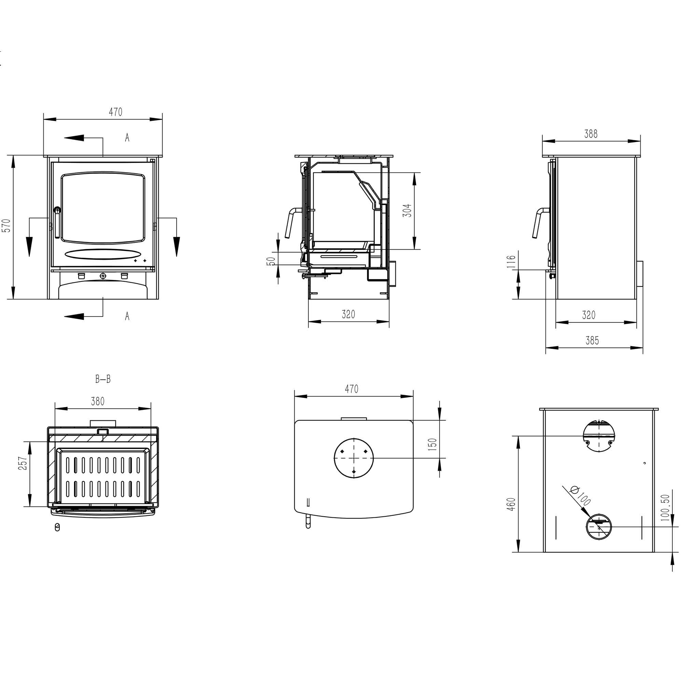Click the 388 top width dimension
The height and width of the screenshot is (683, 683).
591,134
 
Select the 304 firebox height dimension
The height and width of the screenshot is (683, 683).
408,210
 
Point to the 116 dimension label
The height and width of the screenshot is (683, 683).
512,262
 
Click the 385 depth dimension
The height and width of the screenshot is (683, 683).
592,341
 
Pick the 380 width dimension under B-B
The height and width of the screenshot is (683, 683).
98,402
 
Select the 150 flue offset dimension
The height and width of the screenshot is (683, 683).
432,444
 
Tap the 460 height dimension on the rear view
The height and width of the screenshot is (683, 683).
512,504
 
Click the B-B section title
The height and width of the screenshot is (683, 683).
103,379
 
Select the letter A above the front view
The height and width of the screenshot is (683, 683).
127,138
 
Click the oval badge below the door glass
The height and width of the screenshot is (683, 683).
103,254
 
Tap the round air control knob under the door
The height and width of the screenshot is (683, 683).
103,276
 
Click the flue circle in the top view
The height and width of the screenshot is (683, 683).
353,458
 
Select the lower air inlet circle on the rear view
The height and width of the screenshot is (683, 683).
599,526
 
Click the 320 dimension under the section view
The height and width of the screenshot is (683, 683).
348,314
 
